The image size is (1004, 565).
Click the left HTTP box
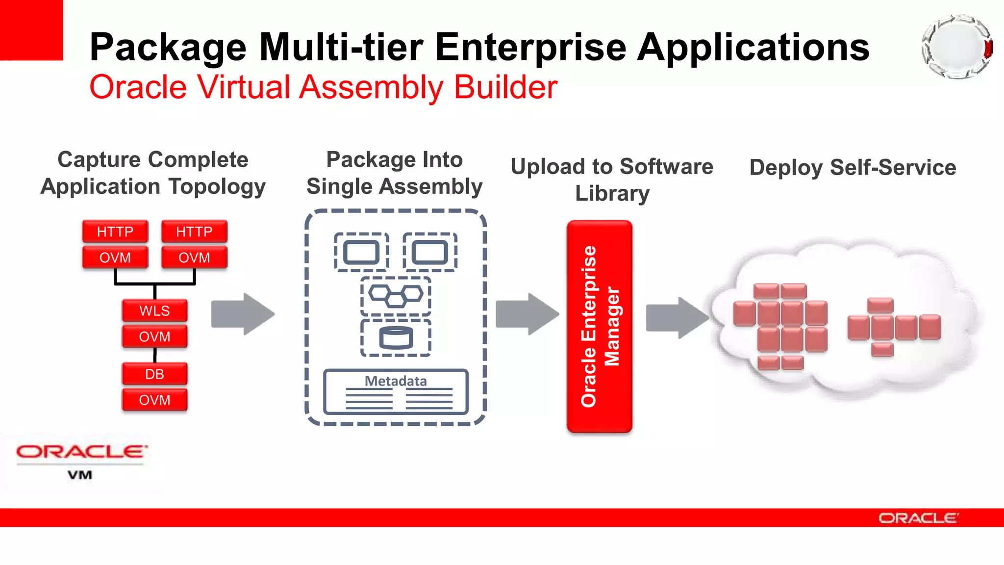coord(115,231)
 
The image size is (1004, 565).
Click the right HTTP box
coord(194,231)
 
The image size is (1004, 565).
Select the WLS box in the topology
coord(154,310)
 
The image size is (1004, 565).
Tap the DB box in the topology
coord(154,374)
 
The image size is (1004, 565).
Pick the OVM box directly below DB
coord(154,400)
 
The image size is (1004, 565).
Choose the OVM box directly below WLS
coord(154,336)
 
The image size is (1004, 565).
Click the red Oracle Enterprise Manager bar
coord(600,326)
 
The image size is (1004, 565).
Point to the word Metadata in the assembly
coord(396,381)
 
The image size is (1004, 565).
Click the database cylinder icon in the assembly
coord(396,338)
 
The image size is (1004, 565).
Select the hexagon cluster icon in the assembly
coord(396,295)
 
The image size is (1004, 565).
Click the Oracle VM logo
coord(81,461)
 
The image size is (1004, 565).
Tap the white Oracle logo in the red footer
coord(918,518)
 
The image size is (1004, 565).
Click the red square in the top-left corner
coord(31,30)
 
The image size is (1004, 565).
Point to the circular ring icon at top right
coord(957,47)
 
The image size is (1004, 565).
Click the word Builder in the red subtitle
coord(505,87)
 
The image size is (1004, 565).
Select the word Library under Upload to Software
coord(612,193)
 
